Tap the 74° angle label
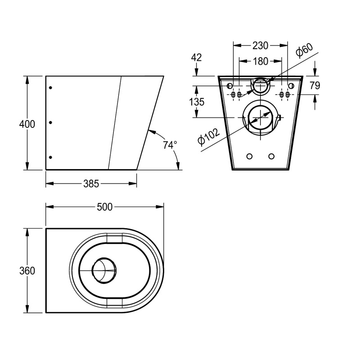pyautogui.click(x=170, y=145)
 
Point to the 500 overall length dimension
pyautogui.click(x=104, y=207)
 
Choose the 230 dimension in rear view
pyautogui.click(x=260, y=45)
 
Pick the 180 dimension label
pyautogui.click(x=260, y=61)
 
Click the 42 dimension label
pyautogui.click(x=196, y=57)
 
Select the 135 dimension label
pyautogui.click(x=196, y=102)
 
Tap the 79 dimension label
pyautogui.click(x=315, y=85)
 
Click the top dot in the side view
pyautogui.click(x=50, y=88)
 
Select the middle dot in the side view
pyautogui.click(x=50, y=122)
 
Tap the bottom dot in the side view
pyautogui.click(x=50, y=157)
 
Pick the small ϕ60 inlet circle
pyautogui.click(x=260, y=85)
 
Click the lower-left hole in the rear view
pyautogui.click(x=249, y=156)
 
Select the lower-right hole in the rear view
pyautogui.click(x=271, y=156)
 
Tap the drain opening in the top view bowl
pyautogui.click(x=104, y=270)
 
